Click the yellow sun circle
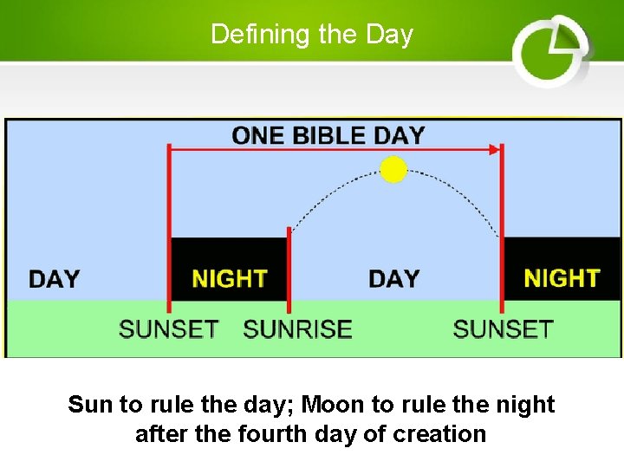(x=393, y=170)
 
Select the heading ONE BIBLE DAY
(x=328, y=135)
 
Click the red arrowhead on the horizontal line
(x=495, y=149)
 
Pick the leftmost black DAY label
(x=54, y=279)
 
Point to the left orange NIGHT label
(x=230, y=279)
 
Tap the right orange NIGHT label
(x=562, y=278)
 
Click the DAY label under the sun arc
(x=393, y=279)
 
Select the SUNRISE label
(x=297, y=329)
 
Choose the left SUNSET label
(x=169, y=329)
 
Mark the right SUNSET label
(x=503, y=329)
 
